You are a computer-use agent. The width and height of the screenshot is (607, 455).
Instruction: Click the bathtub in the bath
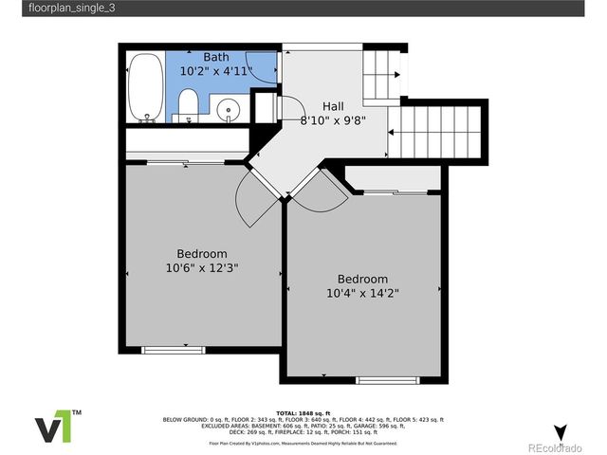click(145, 88)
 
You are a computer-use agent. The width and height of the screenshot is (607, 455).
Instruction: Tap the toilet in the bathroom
click(188, 105)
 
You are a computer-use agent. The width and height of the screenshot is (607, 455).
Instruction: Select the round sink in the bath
click(229, 110)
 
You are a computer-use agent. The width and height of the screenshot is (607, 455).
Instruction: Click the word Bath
click(216, 57)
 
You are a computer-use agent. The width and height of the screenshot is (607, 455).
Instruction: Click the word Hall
click(333, 107)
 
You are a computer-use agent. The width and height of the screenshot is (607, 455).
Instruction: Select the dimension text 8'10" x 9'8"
click(333, 120)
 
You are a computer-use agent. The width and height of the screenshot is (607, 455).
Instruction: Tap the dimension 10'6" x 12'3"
click(201, 268)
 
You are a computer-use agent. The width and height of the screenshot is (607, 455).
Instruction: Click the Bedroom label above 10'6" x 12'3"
click(201, 254)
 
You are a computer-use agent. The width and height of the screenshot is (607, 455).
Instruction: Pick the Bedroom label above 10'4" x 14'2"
click(362, 280)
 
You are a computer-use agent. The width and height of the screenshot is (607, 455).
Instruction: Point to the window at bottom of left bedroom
click(173, 350)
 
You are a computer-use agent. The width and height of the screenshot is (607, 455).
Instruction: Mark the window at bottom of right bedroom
click(386, 380)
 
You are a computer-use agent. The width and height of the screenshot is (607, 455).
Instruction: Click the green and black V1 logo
click(58, 428)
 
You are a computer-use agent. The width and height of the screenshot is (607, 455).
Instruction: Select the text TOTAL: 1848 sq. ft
click(303, 413)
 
